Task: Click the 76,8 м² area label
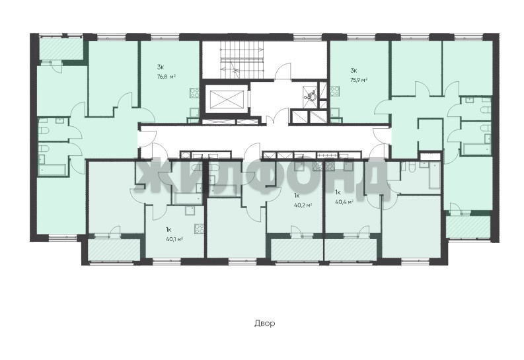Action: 166,77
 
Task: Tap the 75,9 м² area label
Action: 359,80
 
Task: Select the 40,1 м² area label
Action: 174,238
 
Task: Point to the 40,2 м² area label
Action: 303,205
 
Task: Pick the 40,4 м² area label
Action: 344,201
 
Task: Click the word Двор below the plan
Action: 265,323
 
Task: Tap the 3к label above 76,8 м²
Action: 159,67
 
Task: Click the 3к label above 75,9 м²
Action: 354,70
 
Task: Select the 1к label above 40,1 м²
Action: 168,229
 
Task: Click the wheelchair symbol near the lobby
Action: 311,95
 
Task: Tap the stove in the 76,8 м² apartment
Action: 194,92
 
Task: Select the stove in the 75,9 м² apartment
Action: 335,91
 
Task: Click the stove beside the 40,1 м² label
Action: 199,229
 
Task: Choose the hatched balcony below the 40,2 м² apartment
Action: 297,249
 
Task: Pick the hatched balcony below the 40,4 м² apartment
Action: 351,249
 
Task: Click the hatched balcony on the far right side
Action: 468,226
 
